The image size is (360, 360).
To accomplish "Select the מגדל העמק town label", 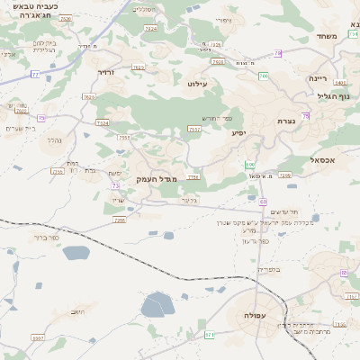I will [x=156, y=179].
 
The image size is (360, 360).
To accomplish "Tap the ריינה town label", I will [x=320, y=78].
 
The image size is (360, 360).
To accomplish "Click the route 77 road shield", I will [x=34, y=74].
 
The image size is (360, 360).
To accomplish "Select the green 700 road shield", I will [x=264, y=76].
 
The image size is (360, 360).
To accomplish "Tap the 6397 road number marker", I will [x=38, y=337].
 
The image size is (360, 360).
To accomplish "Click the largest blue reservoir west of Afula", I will [x=158, y=305].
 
